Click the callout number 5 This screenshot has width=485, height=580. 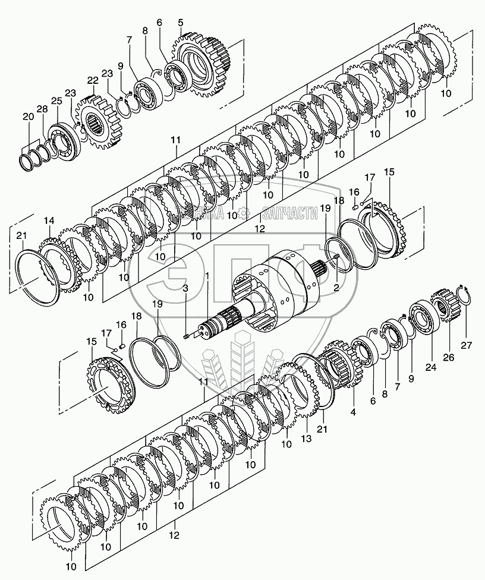click(180, 23)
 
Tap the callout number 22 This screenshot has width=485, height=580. click(92, 81)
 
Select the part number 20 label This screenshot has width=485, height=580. click(29, 116)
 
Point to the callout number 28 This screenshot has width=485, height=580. click(42, 109)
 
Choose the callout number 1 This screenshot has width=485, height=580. click(207, 276)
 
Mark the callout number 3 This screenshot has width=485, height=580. click(185, 288)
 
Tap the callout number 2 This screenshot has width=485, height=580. click(337, 288)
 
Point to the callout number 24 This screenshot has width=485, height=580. click(430, 368)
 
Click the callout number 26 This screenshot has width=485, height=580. click(449, 357)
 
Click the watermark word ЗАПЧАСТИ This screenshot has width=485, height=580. click(290, 214)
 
